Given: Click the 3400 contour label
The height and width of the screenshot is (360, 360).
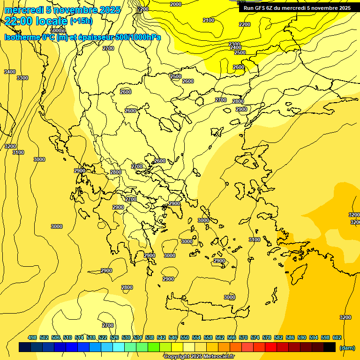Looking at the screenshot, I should click(x=9, y=72).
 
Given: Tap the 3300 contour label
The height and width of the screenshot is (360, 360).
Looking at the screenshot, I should click(x=22, y=78).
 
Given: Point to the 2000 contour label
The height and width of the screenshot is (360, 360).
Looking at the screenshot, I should click(x=175, y=4).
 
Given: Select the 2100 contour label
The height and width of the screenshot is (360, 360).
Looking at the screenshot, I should click(x=209, y=20).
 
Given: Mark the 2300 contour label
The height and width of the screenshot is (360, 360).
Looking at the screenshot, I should click(x=234, y=44).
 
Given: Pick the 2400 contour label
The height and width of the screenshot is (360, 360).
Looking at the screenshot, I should click(x=236, y=47).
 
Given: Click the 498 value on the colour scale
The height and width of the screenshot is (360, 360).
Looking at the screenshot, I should click(x=32, y=338).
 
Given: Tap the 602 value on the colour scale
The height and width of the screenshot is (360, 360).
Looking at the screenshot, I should click(x=337, y=338).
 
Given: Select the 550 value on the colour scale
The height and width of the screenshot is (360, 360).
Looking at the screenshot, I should click(x=184, y=338).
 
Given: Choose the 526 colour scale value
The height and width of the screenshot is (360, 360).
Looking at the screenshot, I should click(x=114, y=338).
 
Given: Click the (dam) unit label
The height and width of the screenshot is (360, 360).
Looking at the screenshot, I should click(x=347, y=348).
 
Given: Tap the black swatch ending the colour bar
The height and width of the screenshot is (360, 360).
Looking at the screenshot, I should click(x=330, y=347).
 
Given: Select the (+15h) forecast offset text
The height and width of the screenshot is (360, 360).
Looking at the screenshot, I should click(x=81, y=21).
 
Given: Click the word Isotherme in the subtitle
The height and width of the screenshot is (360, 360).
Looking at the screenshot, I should click(x=22, y=37).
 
